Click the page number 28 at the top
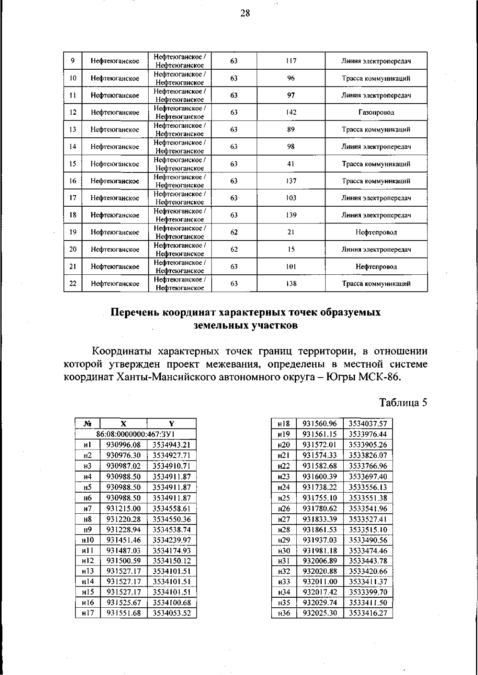pyautogui.click(x=245, y=14)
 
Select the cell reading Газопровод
pyautogui.click(x=376, y=112)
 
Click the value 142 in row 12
pyautogui.click(x=291, y=112)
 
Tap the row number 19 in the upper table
pyautogui.click(x=73, y=232)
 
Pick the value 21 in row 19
pyautogui.click(x=291, y=232)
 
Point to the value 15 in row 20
pyautogui.click(x=291, y=249)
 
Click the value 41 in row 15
pyautogui.click(x=291, y=164)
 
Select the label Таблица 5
pyautogui.click(x=403, y=402)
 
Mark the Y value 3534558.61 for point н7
pyautogui.click(x=172, y=509)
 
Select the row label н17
pyautogui.click(x=88, y=613)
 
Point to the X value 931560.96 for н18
pyautogui.click(x=320, y=424)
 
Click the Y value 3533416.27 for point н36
pyautogui.click(x=368, y=613)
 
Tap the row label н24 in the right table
pyautogui.click(x=284, y=487)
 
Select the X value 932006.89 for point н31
pyautogui.click(x=320, y=561)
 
